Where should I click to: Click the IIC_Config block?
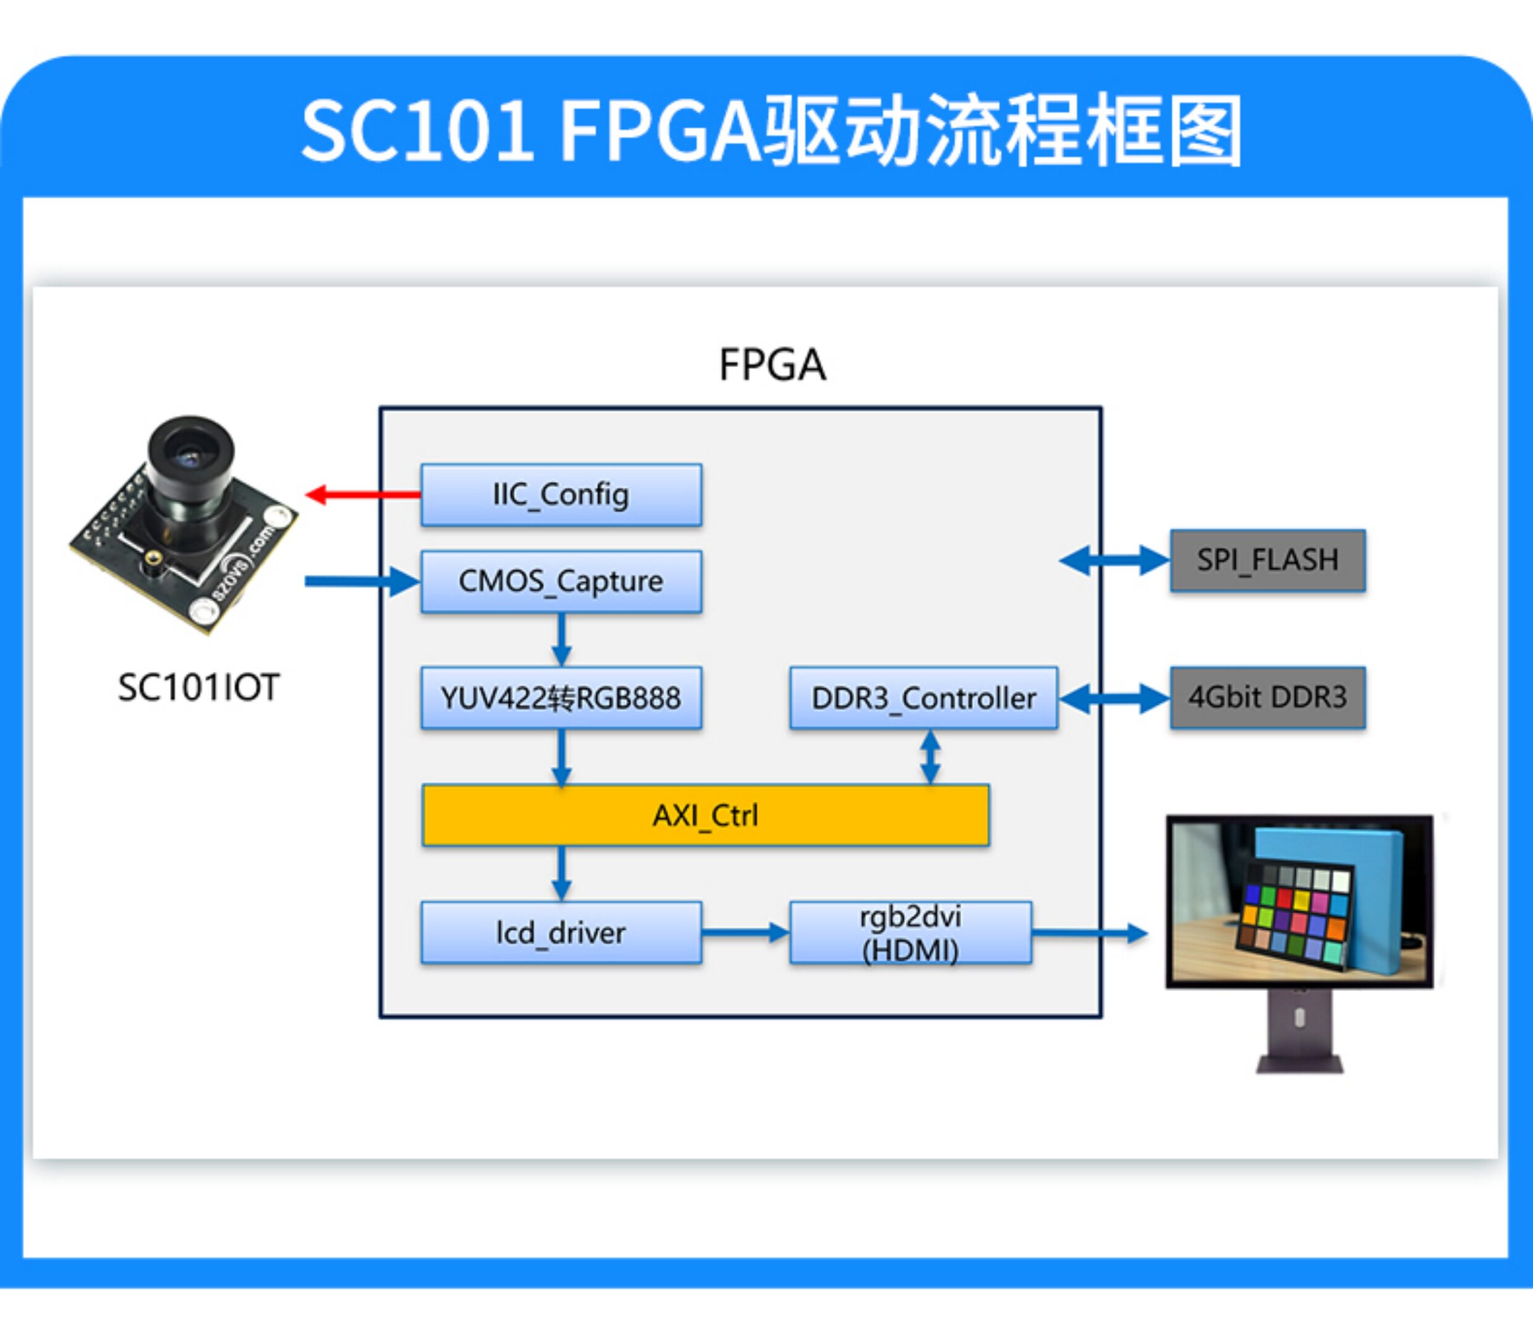(x=561, y=494)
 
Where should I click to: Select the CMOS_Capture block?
(x=561, y=581)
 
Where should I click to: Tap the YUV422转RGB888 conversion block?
(x=561, y=698)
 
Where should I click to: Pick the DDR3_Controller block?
(x=924, y=698)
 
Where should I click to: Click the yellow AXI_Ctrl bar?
(x=705, y=815)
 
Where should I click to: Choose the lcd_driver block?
(x=561, y=933)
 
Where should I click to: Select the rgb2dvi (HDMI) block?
(x=911, y=933)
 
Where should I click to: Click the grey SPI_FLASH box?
(x=1268, y=560)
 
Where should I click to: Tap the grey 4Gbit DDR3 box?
(x=1268, y=697)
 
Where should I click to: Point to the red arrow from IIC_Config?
(x=363, y=494)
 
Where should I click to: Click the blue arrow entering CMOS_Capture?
(x=362, y=581)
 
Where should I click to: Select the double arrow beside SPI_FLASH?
(x=1115, y=560)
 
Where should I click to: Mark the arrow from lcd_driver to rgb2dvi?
(x=745, y=932)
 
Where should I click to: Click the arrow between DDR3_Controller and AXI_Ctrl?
(x=930, y=757)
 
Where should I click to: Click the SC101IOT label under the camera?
(x=199, y=687)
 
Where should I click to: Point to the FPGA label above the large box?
(x=773, y=365)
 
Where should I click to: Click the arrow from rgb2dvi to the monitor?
(x=1090, y=933)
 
